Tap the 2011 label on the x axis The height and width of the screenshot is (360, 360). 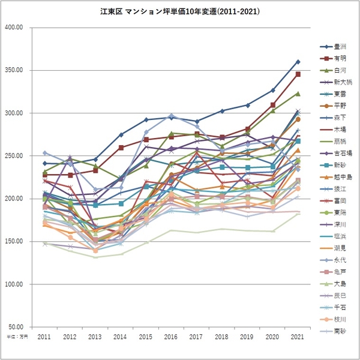coord(44,338)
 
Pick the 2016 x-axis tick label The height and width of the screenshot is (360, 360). coord(171,338)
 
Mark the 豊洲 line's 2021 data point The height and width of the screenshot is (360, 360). coord(298,62)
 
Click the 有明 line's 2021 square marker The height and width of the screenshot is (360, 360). coord(298,74)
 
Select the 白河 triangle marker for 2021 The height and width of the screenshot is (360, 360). coord(298,94)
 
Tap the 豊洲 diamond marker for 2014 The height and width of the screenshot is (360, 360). coord(121,134)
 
